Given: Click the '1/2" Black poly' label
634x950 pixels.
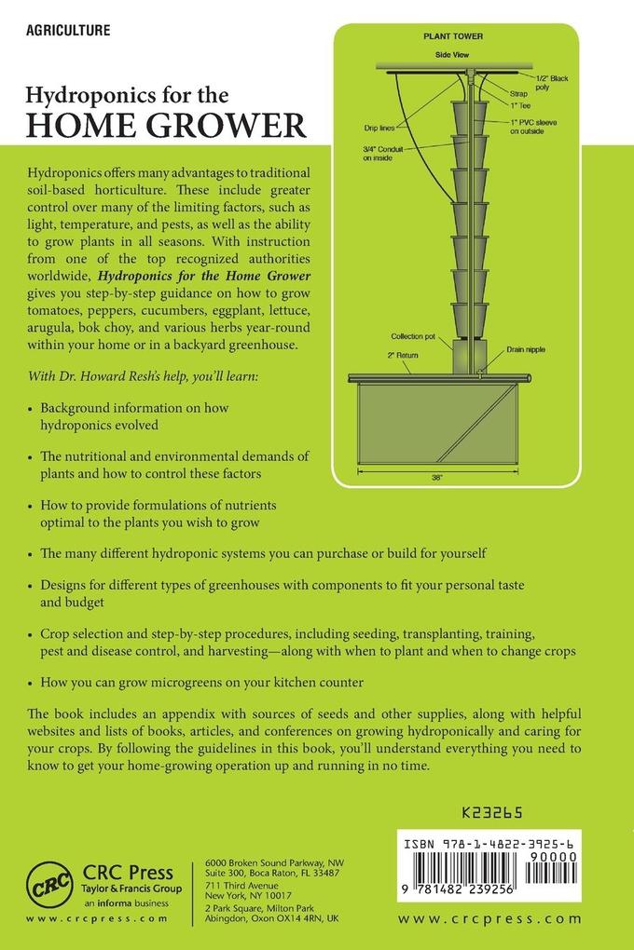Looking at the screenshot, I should [551, 85].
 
